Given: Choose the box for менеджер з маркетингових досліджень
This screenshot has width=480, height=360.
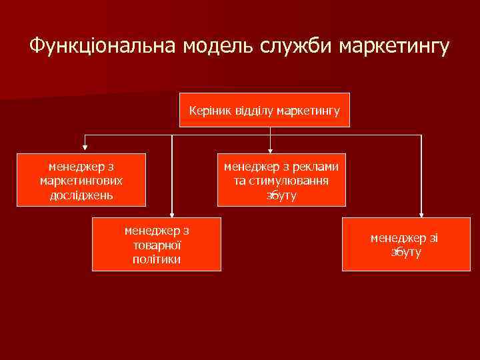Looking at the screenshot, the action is pos(81,180).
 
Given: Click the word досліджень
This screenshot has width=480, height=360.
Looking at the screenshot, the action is pos(81,195).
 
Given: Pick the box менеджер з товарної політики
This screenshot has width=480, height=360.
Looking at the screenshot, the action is pos(157,244).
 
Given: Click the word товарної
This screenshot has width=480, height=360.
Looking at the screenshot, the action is pos(157,245).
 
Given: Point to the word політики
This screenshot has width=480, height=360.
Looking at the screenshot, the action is pos(157,259).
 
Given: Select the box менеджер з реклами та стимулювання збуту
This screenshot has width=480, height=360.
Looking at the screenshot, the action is pos(281,180).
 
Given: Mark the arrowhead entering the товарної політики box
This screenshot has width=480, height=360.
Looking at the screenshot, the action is pos(172,213).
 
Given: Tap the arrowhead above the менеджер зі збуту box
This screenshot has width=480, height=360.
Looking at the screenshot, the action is pos(421,213).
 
